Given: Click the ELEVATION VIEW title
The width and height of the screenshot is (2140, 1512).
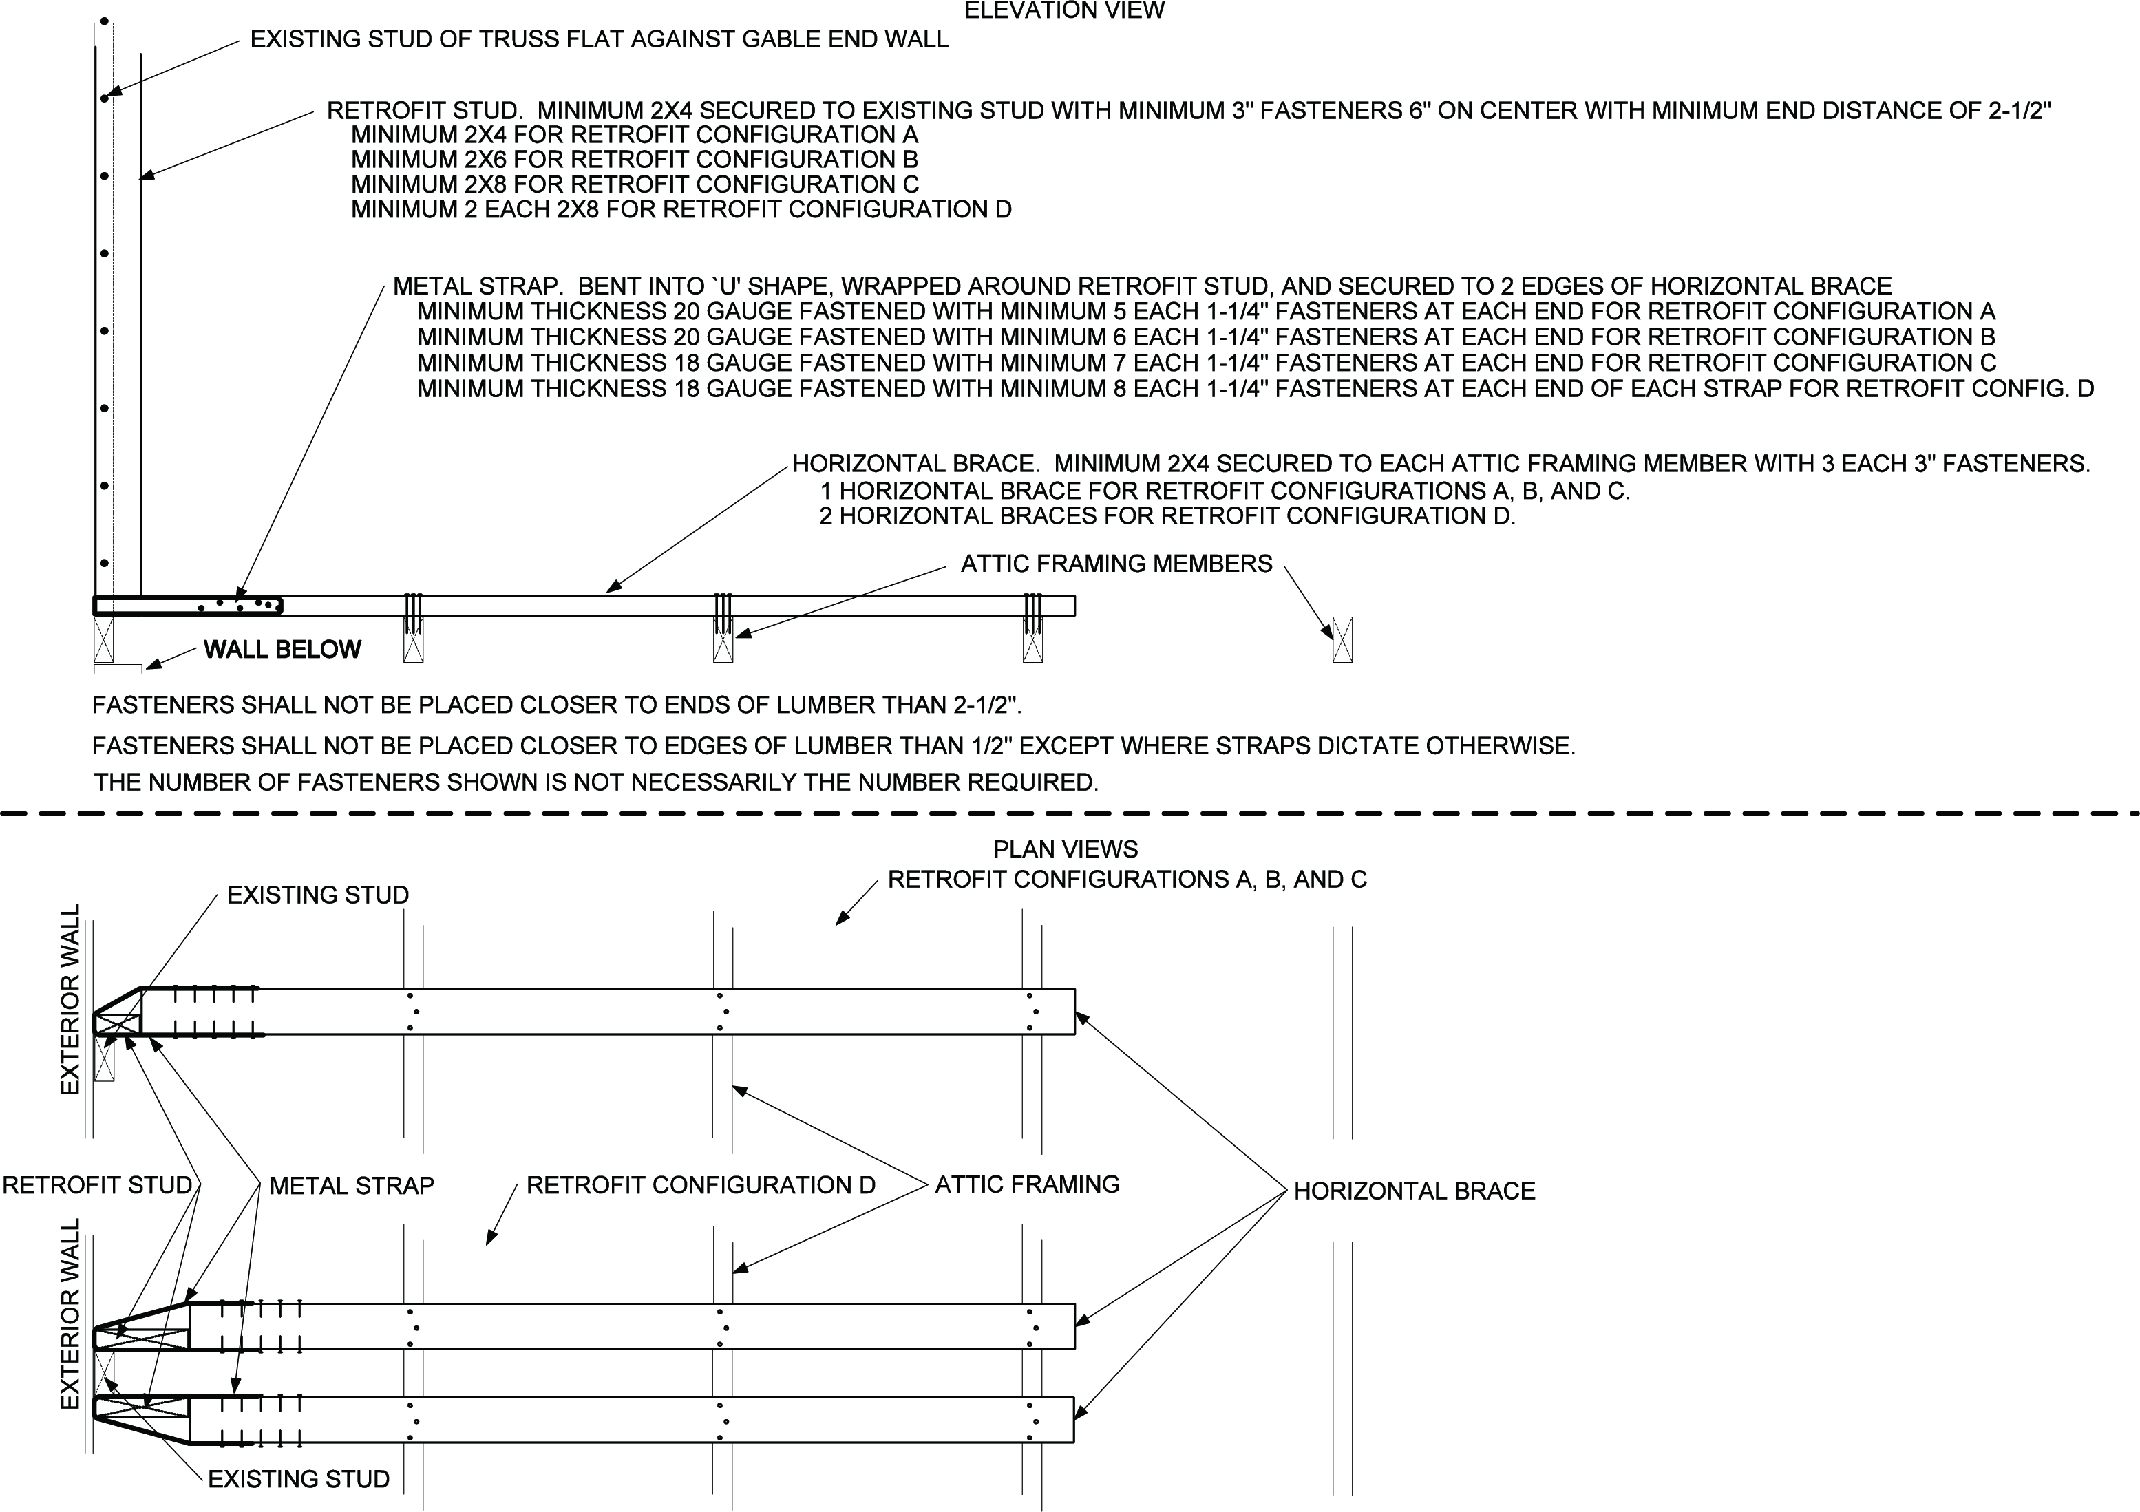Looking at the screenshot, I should pyautogui.click(x=1063, y=11).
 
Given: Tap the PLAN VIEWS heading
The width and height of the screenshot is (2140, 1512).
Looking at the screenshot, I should pyautogui.click(x=1066, y=849).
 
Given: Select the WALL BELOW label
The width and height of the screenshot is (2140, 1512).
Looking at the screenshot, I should pyautogui.click(x=282, y=650).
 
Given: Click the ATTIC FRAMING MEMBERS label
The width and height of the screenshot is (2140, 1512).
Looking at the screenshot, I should pyautogui.click(x=1116, y=564).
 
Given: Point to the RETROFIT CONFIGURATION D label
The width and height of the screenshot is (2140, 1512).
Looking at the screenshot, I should pyautogui.click(x=700, y=1185).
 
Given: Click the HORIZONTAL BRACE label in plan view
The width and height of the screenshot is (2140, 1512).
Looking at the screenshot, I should pyautogui.click(x=1414, y=1191).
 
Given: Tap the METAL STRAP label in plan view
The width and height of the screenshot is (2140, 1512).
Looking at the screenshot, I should pyautogui.click(x=351, y=1186).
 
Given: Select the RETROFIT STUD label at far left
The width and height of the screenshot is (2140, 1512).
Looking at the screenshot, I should pyautogui.click(x=97, y=1185).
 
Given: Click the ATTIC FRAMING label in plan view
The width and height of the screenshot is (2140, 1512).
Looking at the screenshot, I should pyautogui.click(x=1027, y=1184).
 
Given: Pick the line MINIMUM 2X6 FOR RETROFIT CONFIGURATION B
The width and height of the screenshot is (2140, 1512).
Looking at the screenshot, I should pyautogui.click(x=634, y=160).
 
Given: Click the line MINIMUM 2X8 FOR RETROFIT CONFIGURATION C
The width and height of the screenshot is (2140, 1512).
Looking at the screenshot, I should pyautogui.click(x=634, y=184).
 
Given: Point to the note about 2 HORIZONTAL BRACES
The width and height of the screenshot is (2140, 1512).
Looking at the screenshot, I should pyautogui.click(x=1167, y=515).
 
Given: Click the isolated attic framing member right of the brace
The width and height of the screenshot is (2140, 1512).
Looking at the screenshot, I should pyautogui.click(x=1342, y=639).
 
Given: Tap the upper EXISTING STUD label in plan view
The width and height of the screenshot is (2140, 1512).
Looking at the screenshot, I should pyautogui.click(x=318, y=895).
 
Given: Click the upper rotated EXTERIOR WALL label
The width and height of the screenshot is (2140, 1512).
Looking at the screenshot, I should pyautogui.click(x=71, y=999).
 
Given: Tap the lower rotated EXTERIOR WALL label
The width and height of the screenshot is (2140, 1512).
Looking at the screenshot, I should pyautogui.click(x=71, y=1314).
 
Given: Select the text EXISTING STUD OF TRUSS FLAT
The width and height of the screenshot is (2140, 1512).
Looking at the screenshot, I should pyautogui.click(x=600, y=40).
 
